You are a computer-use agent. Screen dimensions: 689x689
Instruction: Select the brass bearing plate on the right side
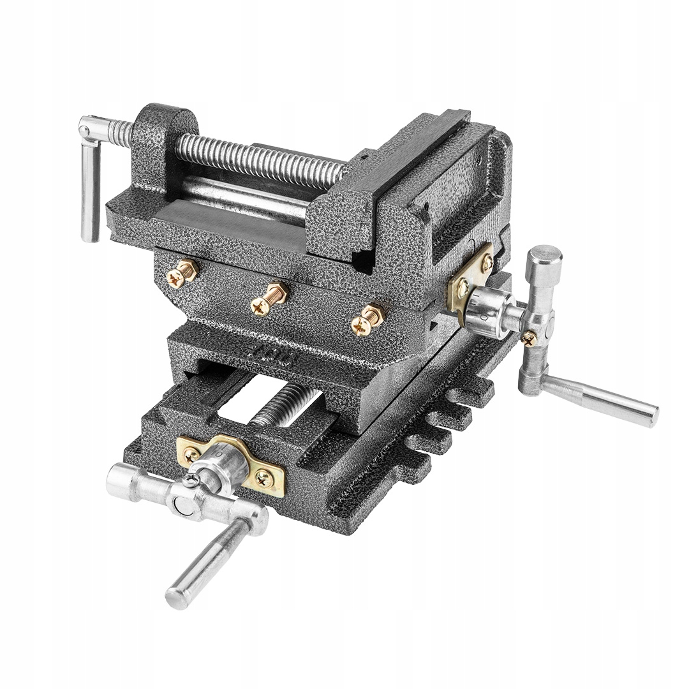tap(471, 278)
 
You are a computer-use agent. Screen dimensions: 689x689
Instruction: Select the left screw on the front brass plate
tap(192, 454)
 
